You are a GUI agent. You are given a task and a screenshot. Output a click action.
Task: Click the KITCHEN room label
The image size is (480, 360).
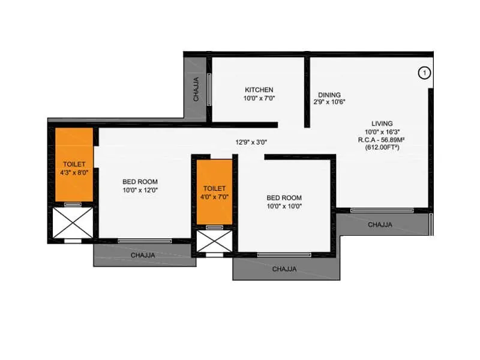point(259,89)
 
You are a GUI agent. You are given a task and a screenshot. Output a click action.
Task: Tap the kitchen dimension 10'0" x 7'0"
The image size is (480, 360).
point(259,98)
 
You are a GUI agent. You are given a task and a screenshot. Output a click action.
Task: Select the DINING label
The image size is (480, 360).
point(329,95)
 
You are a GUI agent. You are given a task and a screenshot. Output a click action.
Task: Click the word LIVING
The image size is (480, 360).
point(382,124)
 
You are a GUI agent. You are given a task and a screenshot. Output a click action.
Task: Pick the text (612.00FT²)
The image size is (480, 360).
point(382,147)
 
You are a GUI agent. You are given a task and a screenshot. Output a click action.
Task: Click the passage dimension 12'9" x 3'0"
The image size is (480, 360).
point(251,142)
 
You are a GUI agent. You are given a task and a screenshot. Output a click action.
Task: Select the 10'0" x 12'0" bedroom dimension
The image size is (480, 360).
point(140,190)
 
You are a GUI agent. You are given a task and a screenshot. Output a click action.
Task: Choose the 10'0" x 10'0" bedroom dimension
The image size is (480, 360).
point(284,206)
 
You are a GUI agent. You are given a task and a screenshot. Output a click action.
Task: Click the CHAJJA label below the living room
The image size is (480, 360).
point(380,225)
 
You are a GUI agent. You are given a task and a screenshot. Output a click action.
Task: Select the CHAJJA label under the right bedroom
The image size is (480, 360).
point(284,269)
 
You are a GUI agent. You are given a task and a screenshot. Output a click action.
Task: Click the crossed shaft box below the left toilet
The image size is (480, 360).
point(73,223)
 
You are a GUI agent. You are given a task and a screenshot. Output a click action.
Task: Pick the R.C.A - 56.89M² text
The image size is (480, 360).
point(382,139)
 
